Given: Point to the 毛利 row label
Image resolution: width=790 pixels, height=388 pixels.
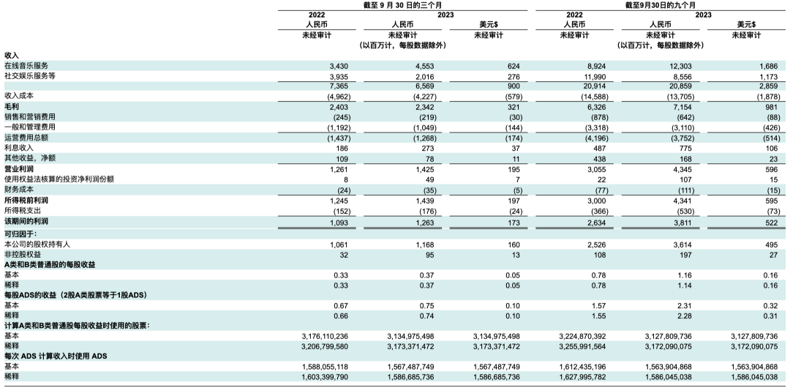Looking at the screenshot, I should pyautogui.click(x=12, y=106).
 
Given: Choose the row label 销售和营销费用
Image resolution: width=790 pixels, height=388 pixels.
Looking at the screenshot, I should pyautogui.click(x=30, y=116).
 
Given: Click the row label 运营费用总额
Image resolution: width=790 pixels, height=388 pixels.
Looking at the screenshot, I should pyautogui.click(x=26, y=137).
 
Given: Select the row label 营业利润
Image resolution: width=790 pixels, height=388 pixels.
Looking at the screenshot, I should pyautogui.click(x=19, y=168).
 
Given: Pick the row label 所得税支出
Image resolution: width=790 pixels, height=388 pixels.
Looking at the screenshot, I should pyautogui.click(x=23, y=209).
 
